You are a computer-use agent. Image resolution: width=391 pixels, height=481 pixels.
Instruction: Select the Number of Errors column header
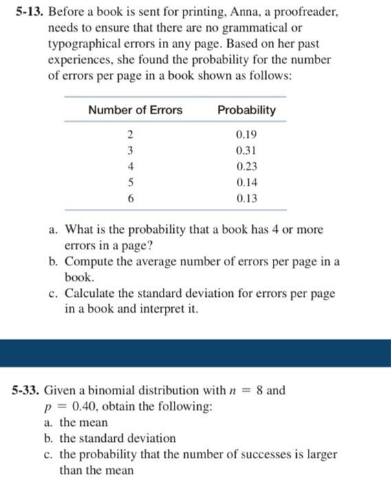click(135, 110)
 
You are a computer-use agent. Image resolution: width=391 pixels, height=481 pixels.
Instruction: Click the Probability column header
click(246, 110)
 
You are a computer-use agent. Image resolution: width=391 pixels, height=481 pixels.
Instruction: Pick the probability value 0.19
click(246, 134)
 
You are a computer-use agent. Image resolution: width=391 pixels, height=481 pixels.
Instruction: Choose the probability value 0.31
click(246, 150)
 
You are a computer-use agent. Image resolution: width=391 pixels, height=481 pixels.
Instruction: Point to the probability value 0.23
click(246, 166)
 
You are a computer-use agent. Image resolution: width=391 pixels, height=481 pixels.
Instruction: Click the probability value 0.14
click(246, 183)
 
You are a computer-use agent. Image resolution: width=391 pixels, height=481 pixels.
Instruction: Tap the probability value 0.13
click(246, 199)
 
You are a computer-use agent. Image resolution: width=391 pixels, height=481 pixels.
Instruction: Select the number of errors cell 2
click(129, 134)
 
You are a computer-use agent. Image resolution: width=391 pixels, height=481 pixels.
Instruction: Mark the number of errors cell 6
click(129, 199)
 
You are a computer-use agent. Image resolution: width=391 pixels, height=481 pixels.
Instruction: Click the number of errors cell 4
click(129, 166)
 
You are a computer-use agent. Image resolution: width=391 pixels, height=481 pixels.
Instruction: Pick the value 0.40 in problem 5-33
click(70, 407)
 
